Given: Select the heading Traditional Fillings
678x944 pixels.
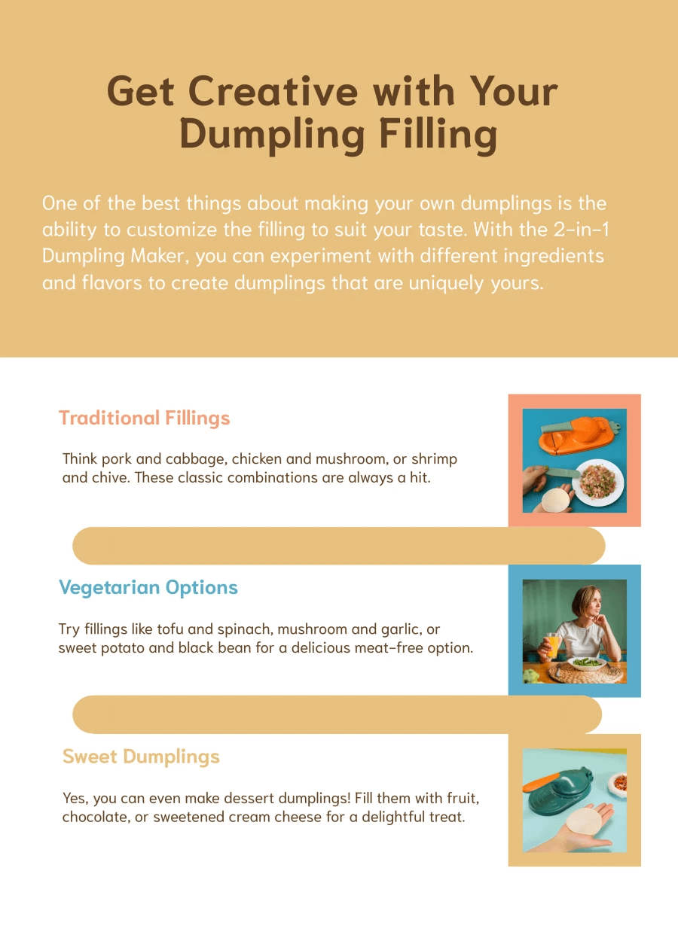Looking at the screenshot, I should [x=144, y=418].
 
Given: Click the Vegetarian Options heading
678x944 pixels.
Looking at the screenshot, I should [x=148, y=588].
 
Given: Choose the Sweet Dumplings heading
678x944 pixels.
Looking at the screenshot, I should [x=141, y=757].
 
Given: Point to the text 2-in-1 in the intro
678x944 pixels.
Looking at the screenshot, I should [x=566, y=229].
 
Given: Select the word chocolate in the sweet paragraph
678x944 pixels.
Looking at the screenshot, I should [x=95, y=817].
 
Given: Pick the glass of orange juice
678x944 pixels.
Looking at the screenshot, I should [x=553, y=647].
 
